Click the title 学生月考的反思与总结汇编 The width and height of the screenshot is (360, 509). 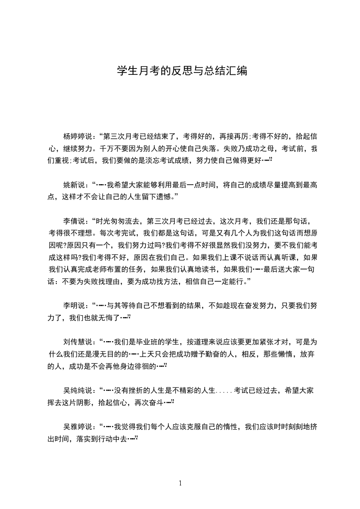coord(182,71)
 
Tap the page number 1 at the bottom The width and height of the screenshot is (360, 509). coord(180,483)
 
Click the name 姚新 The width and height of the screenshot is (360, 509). coord(70,185)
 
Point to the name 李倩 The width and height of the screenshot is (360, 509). coord(70,221)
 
